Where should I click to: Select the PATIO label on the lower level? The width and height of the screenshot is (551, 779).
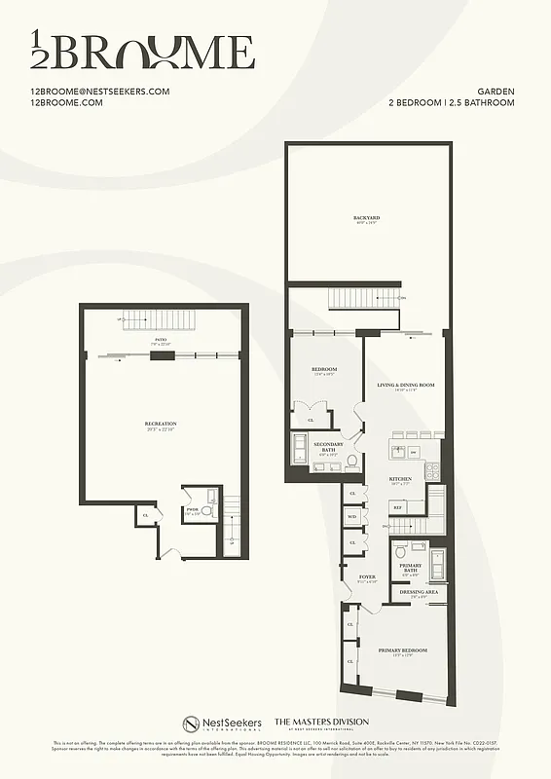tap(161, 339)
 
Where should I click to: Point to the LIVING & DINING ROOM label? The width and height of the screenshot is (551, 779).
tap(405, 385)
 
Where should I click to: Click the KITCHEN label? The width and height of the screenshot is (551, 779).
tap(400, 479)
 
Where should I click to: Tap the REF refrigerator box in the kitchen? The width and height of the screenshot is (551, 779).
tap(397, 507)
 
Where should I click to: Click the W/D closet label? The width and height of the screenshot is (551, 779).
tap(352, 516)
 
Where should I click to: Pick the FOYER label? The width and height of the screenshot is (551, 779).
tap(367, 576)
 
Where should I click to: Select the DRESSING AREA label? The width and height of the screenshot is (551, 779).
tap(419, 591)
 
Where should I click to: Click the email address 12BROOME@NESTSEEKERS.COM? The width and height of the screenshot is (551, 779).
tap(100, 92)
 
